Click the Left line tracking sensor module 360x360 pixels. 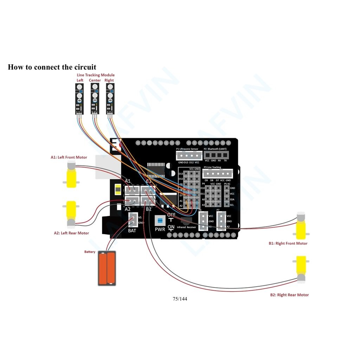[x=79, y=98]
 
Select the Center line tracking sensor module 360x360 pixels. [x=95, y=98]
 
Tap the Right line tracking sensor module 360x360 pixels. [x=110, y=98]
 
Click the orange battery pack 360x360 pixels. [x=107, y=268]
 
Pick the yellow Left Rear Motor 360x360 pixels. [x=71, y=213]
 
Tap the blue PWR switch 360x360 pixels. [x=160, y=221]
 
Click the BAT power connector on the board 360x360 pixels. [x=133, y=220]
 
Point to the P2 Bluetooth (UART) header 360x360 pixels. [x=216, y=155]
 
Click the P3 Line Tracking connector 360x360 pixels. [x=218, y=174]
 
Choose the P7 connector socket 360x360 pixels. [x=221, y=221]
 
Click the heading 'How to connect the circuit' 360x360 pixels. [x=52, y=67]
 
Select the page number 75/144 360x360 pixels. [x=180, y=299]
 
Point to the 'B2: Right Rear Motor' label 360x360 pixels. [x=289, y=295]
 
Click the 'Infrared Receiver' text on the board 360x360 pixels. [x=186, y=227]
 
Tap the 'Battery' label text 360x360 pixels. [x=90, y=252]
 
